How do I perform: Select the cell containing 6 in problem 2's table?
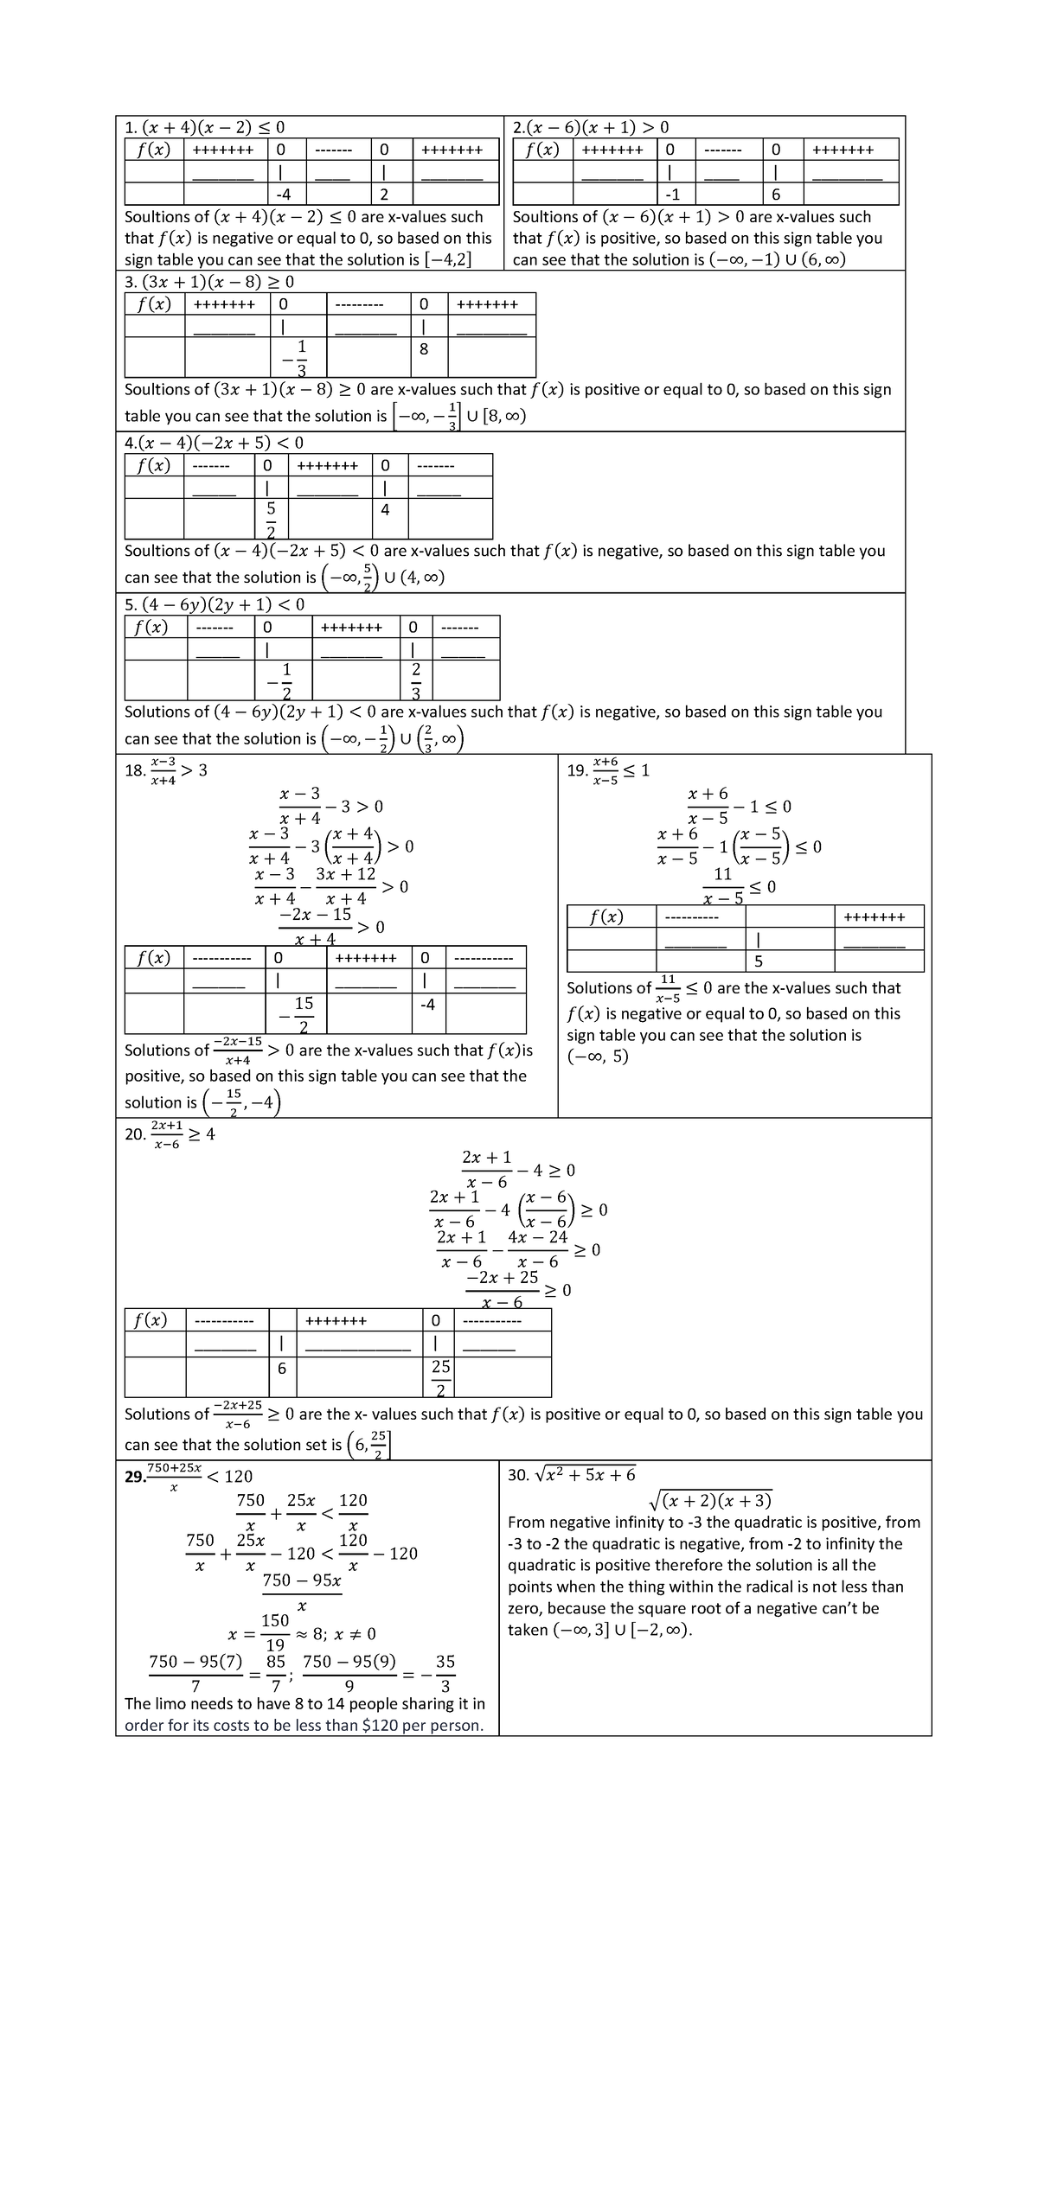[x=776, y=195]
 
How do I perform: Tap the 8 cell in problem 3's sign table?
[x=424, y=349]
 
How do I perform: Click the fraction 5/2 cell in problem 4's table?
[x=271, y=518]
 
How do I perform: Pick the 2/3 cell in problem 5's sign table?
[x=416, y=680]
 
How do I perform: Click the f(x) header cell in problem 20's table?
[x=151, y=1320]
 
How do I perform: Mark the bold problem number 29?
[x=135, y=1478]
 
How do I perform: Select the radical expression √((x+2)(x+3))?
[x=711, y=1500]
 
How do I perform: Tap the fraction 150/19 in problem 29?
[x=275, y=1631]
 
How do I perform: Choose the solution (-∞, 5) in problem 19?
[x=597, y=1057]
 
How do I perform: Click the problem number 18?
[x=134, y=770]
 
